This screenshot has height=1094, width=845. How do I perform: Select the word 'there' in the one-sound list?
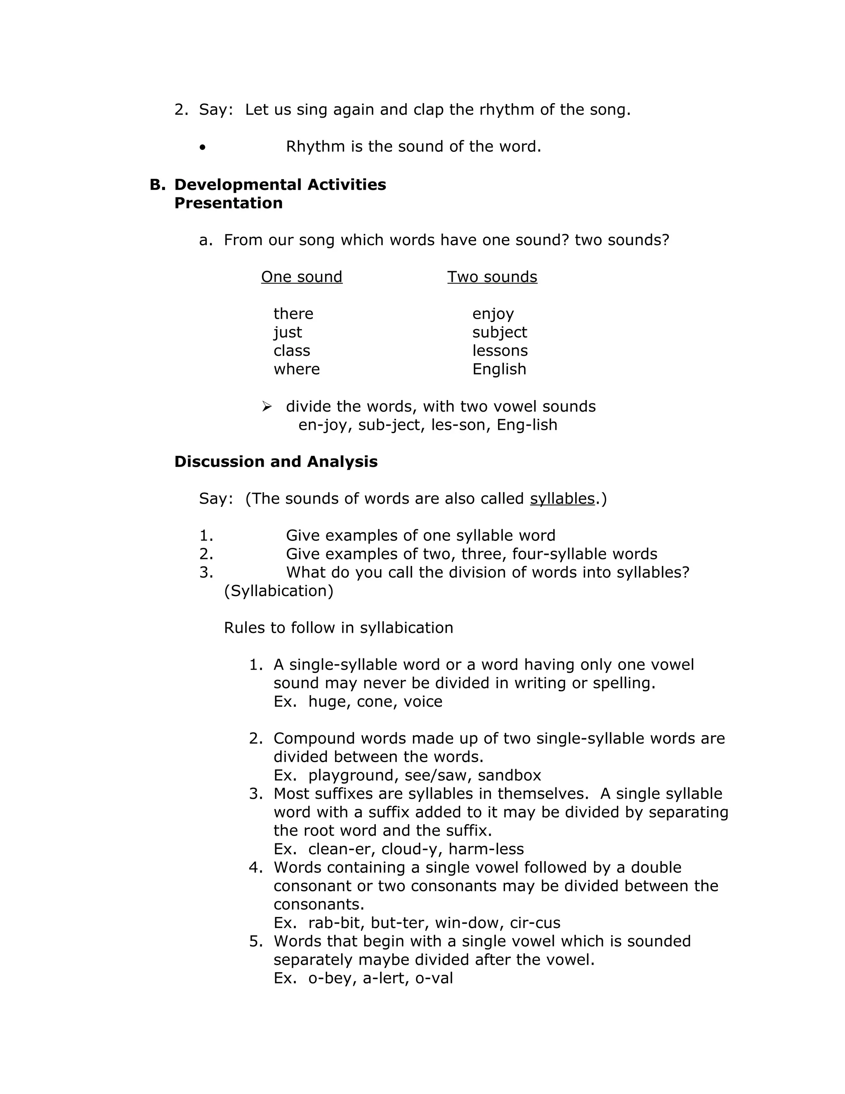point(293,314)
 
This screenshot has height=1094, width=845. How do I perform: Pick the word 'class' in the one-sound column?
point(291,350)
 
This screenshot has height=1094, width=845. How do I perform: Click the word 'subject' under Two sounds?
point(499,332)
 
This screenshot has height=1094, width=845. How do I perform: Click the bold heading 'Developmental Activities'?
point(280,185)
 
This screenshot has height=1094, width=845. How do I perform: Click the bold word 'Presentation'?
point(228,203)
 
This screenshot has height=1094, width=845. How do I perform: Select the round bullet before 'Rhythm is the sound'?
point(202,147)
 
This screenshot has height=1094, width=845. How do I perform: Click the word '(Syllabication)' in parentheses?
point(279,591)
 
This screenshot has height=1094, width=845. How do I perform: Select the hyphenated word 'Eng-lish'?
point(526,425)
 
